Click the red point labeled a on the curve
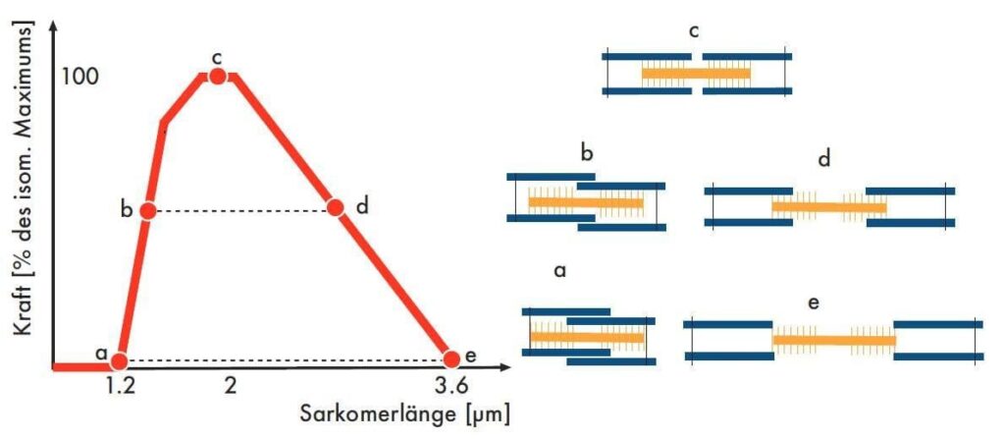pos(119,361)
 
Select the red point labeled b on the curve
pos(147,210)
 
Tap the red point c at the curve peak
pos(217,77)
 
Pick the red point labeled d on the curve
pos(335,207)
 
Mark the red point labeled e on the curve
pos(451,358)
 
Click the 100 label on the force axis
pos(80,77)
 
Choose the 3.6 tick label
pos(451,387)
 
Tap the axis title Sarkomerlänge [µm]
pos(405,414)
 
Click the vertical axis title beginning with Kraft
pos(24,181)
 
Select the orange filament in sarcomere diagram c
pos(696,74)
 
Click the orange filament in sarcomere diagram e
pos(834,340)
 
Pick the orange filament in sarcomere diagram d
pos(829,207)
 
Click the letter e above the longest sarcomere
pos(814,302)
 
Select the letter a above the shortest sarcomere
pos(560,271)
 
